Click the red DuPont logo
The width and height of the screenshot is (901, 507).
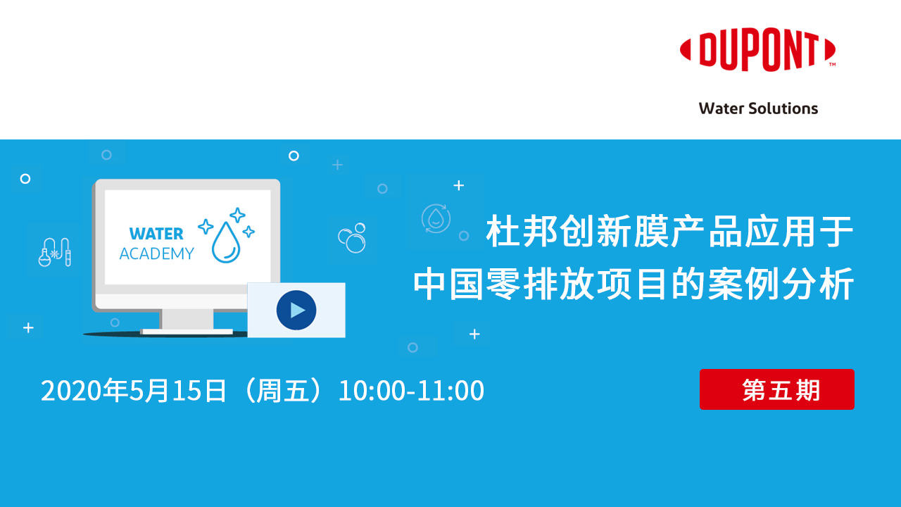click(757, 51)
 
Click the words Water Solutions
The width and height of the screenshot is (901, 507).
click(758, 108)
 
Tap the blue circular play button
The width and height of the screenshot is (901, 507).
click(296, 310)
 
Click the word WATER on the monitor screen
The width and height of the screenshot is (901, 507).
click(156, 234)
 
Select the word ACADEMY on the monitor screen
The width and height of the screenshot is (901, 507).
click(156, 254)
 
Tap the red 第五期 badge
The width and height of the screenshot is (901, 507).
click(776, 389)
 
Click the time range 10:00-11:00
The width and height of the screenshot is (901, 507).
click(411, 391)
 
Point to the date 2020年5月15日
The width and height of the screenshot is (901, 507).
click(134, 391)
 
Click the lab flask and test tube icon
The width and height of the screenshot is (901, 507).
click(55, 251)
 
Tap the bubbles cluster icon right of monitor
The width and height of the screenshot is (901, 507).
click(352, 238)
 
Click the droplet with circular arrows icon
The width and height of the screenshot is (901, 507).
click(436, 218)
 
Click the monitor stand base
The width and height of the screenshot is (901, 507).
click(187, 331)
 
